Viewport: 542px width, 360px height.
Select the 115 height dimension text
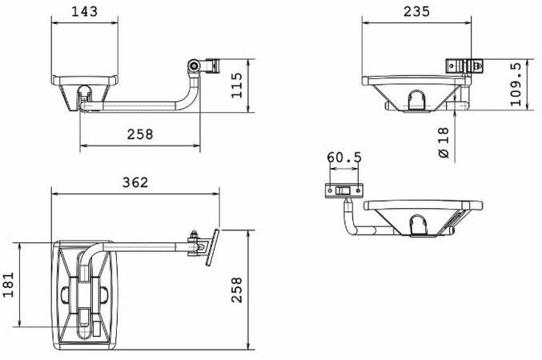[235, 84]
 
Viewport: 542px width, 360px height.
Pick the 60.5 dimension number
[344, 158]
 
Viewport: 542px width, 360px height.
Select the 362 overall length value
[134, 182]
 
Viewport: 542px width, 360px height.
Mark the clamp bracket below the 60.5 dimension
[344, 190]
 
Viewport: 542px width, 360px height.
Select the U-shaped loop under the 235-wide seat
[417, 101]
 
